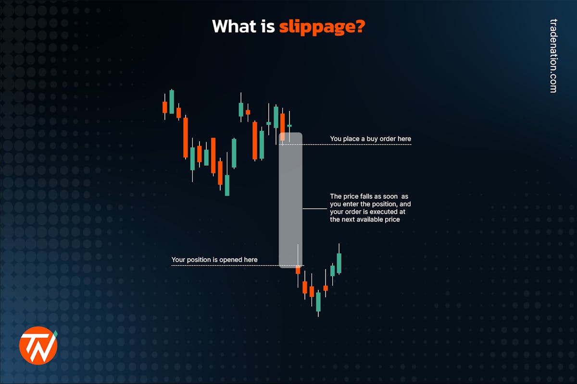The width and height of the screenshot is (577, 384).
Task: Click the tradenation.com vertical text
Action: click(x=553, y=56)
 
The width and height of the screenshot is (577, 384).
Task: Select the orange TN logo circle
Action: click(x=38, y=345)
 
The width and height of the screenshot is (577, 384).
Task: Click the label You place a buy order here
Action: click(x=370, y=139)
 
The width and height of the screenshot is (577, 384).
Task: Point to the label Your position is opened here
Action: click(x=214, y=260)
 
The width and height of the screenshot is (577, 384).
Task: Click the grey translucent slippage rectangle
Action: click(x=290, y=199)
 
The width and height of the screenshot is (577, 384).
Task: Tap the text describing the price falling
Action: click(x=369, y=208)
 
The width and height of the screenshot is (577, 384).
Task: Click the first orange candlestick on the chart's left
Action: click(x=165, y=107)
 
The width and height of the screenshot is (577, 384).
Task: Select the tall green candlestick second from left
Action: click(x=172, y=101)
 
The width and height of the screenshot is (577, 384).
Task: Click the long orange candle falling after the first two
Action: click(x=186, y=137)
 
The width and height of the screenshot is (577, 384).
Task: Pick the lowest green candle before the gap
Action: click(x=227, y=185)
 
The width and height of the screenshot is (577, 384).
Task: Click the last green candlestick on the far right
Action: click(x=339, y=263)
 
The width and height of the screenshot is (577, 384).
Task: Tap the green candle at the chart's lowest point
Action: click(x=318, y=301)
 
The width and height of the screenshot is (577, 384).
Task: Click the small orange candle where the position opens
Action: click(x=298, y=270)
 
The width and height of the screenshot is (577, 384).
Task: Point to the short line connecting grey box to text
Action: click(x=314, y=209)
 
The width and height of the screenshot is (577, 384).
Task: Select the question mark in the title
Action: click(x=360, y=26)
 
